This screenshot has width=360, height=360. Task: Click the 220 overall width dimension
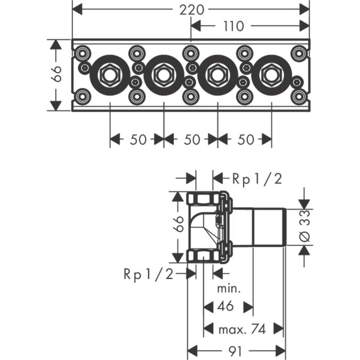click(x=191, y=10)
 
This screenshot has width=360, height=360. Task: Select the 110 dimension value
click(x=234, y=26)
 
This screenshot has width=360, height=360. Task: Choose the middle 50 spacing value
click(x=191, y=139)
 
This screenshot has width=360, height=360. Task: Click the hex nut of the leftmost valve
click(x=110, y=74)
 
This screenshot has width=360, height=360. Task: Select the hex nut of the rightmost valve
click(x=271, y=74)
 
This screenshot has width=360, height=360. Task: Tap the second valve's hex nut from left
click(x=164, y=74)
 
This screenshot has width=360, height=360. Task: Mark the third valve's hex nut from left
click(x=217, y=74)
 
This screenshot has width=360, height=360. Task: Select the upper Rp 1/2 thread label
click(x=257, y=179)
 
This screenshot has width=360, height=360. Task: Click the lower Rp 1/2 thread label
click(x=148, y=274)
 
